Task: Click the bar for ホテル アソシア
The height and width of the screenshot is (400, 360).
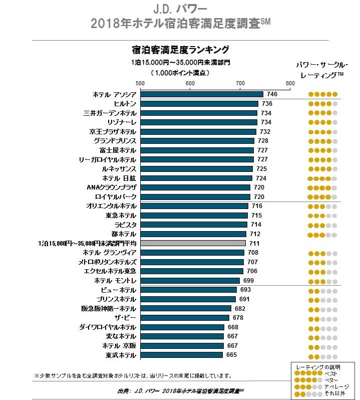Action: [202, 94]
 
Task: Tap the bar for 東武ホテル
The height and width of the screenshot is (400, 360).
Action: [181, 355]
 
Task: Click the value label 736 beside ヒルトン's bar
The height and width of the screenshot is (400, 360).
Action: [266, 103]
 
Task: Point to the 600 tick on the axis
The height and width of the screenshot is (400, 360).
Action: [190, 83]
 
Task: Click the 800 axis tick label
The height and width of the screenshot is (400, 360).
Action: [290, 83]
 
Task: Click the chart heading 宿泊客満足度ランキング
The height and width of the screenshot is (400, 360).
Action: [180, 50]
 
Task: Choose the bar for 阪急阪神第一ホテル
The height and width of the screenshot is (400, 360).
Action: [186, 308]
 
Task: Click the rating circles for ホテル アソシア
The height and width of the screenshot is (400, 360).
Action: [323, 94]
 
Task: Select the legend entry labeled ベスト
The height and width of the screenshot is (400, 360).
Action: [330, 374]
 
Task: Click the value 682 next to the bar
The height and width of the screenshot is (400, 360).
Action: [240, 308]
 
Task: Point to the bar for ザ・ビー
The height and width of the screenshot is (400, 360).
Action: [185, 318]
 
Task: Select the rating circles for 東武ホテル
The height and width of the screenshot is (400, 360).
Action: [323, 355]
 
